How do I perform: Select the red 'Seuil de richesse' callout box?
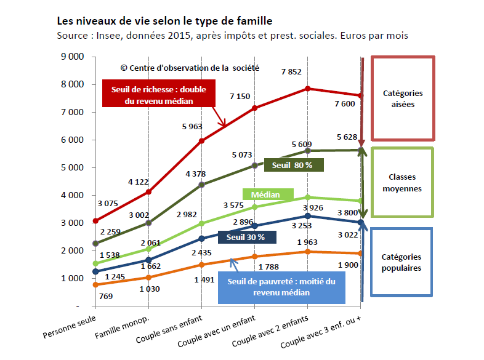(159, 95)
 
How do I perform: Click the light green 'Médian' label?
(265, 194)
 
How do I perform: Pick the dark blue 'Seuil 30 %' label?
(246, 237)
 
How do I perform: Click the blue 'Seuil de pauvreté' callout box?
(281, 287)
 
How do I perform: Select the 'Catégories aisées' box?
(403, 98)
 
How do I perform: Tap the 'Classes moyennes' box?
(402, 183)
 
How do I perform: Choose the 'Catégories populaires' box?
(402, 262)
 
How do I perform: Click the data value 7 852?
(291, 71)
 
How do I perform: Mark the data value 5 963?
(191, 126)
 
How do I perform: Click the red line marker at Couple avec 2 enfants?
(307, 89)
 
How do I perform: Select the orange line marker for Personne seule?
(95, 284)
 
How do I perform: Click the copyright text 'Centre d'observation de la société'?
(190, 68)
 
